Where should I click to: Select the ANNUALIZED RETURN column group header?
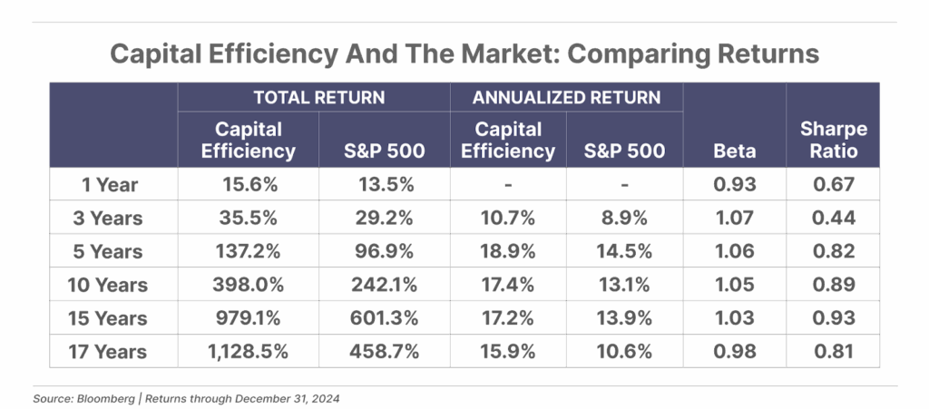(565, 97)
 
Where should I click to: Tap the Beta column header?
(735, 150)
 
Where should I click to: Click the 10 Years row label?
(107, 285)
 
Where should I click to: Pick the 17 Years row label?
(107, 351)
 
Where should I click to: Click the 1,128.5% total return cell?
(248, 351)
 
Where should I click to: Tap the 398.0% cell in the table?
(248, 285)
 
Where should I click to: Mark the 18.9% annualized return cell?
(507, 251)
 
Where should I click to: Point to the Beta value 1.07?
(734, 219)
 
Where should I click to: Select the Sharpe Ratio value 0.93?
(833, 318)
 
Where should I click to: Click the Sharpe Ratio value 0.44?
(833, 219)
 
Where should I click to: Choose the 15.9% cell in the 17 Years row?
(507, 351)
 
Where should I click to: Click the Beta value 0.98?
(734, 351)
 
